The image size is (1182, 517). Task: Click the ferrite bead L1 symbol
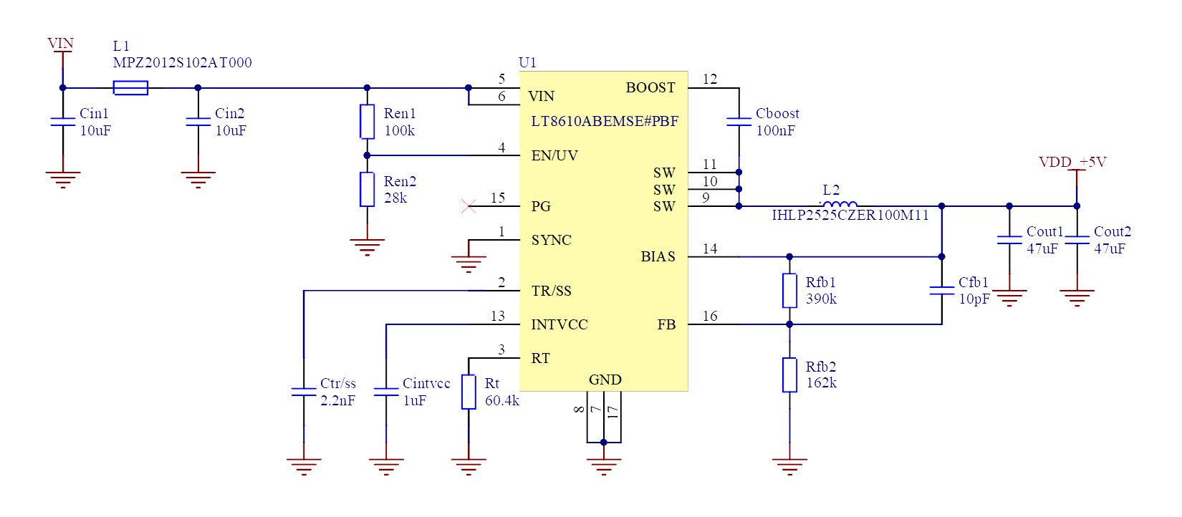[x=130, y=88]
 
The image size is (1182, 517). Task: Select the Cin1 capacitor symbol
[x=63, y=122]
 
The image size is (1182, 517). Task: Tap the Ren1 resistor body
[x=367, y=122]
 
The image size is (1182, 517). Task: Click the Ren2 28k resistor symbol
[x=367, y=189]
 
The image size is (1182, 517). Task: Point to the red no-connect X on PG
[x=469, y=206]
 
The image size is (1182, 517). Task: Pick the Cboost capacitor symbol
[x=739, y=122]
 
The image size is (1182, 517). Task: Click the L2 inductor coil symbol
[x=840, y=205]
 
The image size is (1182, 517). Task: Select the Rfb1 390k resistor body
[x=789, y=290]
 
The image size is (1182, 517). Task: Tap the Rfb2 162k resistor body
[x=789, y=375]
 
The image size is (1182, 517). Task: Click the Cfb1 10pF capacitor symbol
[x=941, y=290]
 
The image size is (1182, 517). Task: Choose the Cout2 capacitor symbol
[x=1077, y=240]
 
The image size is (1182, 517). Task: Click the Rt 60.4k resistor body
[x=469, y=392]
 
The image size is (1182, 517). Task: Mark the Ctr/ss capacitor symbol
[x=304, y=392]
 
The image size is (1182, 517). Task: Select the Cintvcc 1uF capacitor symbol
[x=386, y=392]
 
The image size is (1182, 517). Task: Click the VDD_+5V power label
[x=1072, y=162]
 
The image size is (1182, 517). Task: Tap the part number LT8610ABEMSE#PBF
[x=604, y=121]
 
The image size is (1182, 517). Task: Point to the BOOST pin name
[x=650, y=87]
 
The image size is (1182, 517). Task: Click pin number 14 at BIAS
[x=710, y=248]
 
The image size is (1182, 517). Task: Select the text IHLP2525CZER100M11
[x=850, y=215]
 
